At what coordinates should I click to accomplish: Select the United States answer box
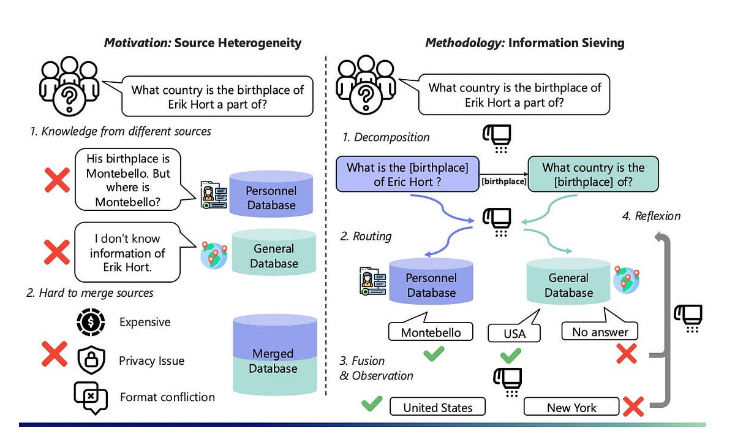(437, 408)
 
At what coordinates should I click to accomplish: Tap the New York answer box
(571, 408)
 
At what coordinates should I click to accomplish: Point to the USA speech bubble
(514, 332)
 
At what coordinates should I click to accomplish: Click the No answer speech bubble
(600, 332)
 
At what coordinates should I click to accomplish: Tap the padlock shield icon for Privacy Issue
(91, 360)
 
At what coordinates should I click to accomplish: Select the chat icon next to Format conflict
(90, 396)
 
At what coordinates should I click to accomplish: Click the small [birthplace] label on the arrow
(504, 181)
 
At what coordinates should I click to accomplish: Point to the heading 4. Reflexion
(657, 216)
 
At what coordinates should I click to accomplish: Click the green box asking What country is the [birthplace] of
(593, 174)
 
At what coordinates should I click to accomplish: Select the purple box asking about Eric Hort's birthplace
(407, 174)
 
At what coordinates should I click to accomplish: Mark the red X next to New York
(632, 406)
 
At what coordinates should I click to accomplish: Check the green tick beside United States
(372, 403)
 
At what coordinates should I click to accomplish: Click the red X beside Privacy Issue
(54, 355)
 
